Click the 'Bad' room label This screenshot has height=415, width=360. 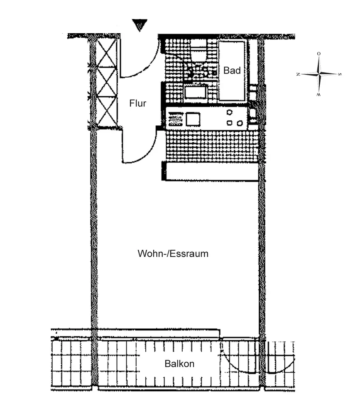pyautogui.click(x=232, y=71)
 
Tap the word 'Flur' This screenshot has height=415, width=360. pyautogui.click(x=137, y=103)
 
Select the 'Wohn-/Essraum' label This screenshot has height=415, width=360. pyautogui.click(x=173, y=254)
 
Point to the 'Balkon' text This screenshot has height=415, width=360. pyautogui.click(x=179, y=364)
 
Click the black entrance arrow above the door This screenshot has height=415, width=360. pyautogui.click(x=140, y=24)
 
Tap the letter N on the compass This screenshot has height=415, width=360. pyautogui.click(x=298, y=74)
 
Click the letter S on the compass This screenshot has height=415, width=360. pyautogui.click(x=340, y=74)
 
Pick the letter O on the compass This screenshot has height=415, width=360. pyautogui.click(x=318, y=54)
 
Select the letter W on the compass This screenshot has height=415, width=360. pyautogui.click(x=318, y=95)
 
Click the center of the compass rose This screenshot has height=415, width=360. pyautogui.click(x=319, y=74)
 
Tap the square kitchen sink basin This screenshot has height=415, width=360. pyautogui.click(x=193, y=119)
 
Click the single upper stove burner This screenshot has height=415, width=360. pyautogui.click(x=229, y=112)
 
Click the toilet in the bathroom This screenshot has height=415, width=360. pyautogui.click(x=198, y=50)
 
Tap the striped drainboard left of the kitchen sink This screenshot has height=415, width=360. pyautogui.click(x=176, y=119)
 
